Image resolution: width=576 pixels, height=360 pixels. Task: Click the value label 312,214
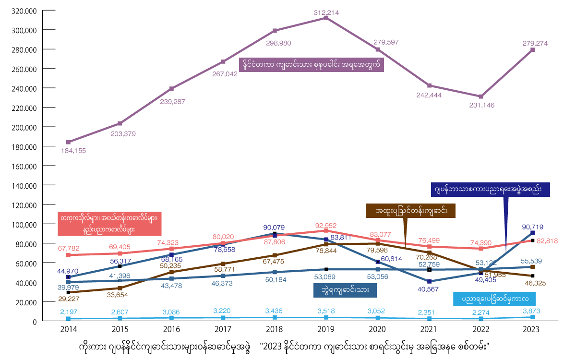pos(326,12)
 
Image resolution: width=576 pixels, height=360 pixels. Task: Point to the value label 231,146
pos(481,105)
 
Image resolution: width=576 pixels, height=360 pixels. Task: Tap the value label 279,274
pos(535,43)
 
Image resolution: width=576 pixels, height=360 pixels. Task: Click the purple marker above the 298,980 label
pos(275,31)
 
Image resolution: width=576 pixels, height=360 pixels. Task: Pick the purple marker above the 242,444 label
pos(429,85)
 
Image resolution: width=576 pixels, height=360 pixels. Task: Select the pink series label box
pos(109,224)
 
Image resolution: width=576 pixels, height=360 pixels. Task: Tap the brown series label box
pos(410,211)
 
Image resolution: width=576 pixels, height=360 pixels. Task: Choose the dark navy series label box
pos(490,190)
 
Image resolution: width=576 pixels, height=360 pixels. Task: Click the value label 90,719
pos(532,227)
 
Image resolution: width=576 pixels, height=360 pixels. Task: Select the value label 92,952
pos(326,225)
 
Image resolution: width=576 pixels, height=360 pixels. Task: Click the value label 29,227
pos(70,298)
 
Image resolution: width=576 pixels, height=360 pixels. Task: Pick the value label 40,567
pos(428,289)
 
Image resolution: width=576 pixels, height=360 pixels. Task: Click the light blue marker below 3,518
pos(326,317)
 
